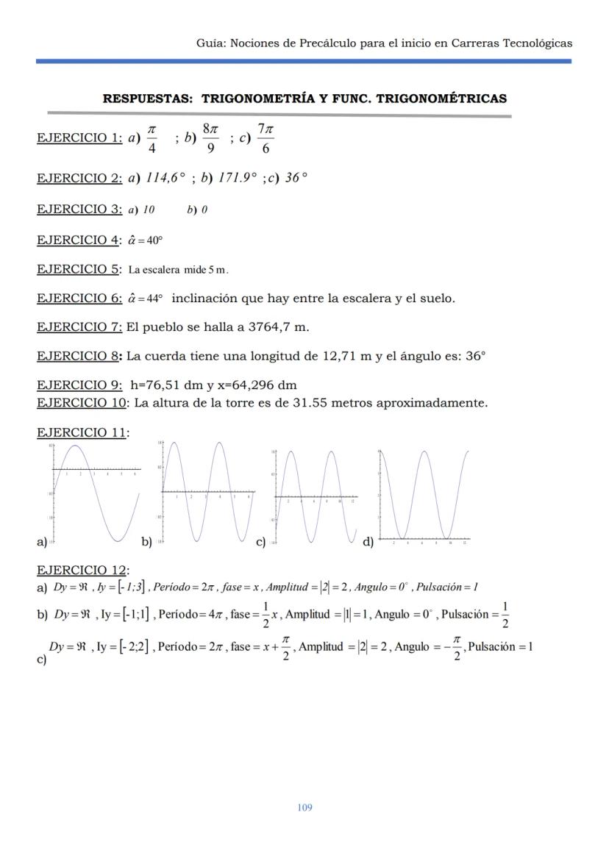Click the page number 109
[x=304, y=807]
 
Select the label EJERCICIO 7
[x=79, y=326]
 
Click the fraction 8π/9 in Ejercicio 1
[x=210, y=139]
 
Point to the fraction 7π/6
[x=266, y=139]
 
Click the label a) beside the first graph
[x=42, y=542]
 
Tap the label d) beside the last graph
[x=368, y=542]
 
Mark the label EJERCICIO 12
[x=82, y=570]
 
